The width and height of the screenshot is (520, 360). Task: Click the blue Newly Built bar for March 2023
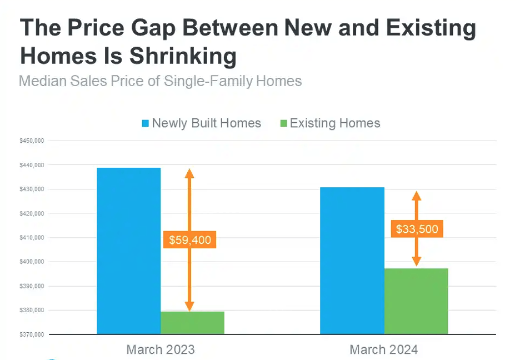coord(128,250)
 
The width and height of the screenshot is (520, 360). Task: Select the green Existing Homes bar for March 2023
coord(192,323)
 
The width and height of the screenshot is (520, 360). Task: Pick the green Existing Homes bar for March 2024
coord(416,301)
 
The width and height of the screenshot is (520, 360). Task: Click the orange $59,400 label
coord(190,241)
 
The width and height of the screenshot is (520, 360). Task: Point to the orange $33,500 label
coord(417,228)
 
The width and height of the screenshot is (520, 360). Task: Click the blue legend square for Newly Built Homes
coord(146,123)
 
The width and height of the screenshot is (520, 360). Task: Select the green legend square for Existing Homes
coord(283,123)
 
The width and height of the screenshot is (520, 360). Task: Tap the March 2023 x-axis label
coord(161,349)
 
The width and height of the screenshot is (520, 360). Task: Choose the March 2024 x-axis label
coord(384,349)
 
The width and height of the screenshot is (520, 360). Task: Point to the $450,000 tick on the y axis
coord(32,141)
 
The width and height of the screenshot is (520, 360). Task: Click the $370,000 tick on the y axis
coord(32,334)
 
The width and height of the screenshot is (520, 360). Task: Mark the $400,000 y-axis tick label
coord(32,262)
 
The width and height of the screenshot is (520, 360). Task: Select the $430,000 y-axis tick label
coord(32,189)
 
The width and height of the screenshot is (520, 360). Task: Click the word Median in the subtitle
coord(44,81)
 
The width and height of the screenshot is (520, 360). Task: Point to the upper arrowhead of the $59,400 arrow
coord(189,173)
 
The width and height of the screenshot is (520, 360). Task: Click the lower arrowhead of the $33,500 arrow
coord(416,262)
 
